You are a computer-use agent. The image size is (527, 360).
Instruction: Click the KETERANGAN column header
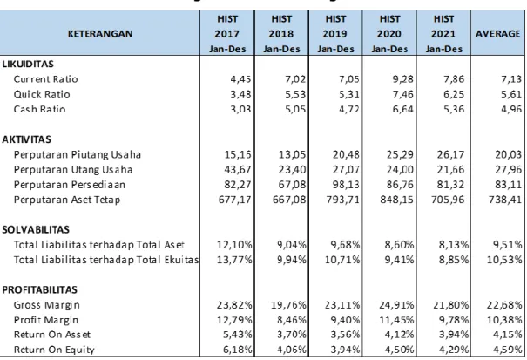tap(100, 34)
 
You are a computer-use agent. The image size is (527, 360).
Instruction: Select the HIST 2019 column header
tap(335, 34)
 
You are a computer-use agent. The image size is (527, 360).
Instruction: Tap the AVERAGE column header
tap(497, 34)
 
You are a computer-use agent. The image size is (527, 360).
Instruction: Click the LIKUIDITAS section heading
tap(28, 64)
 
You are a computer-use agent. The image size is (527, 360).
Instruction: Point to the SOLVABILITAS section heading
tap(36, 230)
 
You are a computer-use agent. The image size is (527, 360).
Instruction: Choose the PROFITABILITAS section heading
tap(40, 290)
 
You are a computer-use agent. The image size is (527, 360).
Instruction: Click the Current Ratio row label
tap(45, 79)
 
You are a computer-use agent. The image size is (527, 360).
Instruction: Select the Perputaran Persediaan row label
tap(70, 185)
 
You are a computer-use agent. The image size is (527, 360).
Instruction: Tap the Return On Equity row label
tap(54, 350)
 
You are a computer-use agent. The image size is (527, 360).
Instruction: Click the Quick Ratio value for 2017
tap(240, 94)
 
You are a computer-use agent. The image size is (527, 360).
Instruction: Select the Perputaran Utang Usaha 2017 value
tap(238, 170)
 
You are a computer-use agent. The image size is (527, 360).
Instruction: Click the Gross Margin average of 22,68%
tap(504, 305)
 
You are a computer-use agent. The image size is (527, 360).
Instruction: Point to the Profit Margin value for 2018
tap(292, 320)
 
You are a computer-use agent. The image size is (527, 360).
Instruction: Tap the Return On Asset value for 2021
tap(454, 335)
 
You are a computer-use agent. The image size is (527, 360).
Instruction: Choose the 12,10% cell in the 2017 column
tap(234, 245)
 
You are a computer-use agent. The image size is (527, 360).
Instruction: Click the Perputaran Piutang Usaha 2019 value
tap(346, 155)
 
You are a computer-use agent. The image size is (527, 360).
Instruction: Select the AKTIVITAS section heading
tap(26, 139)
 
